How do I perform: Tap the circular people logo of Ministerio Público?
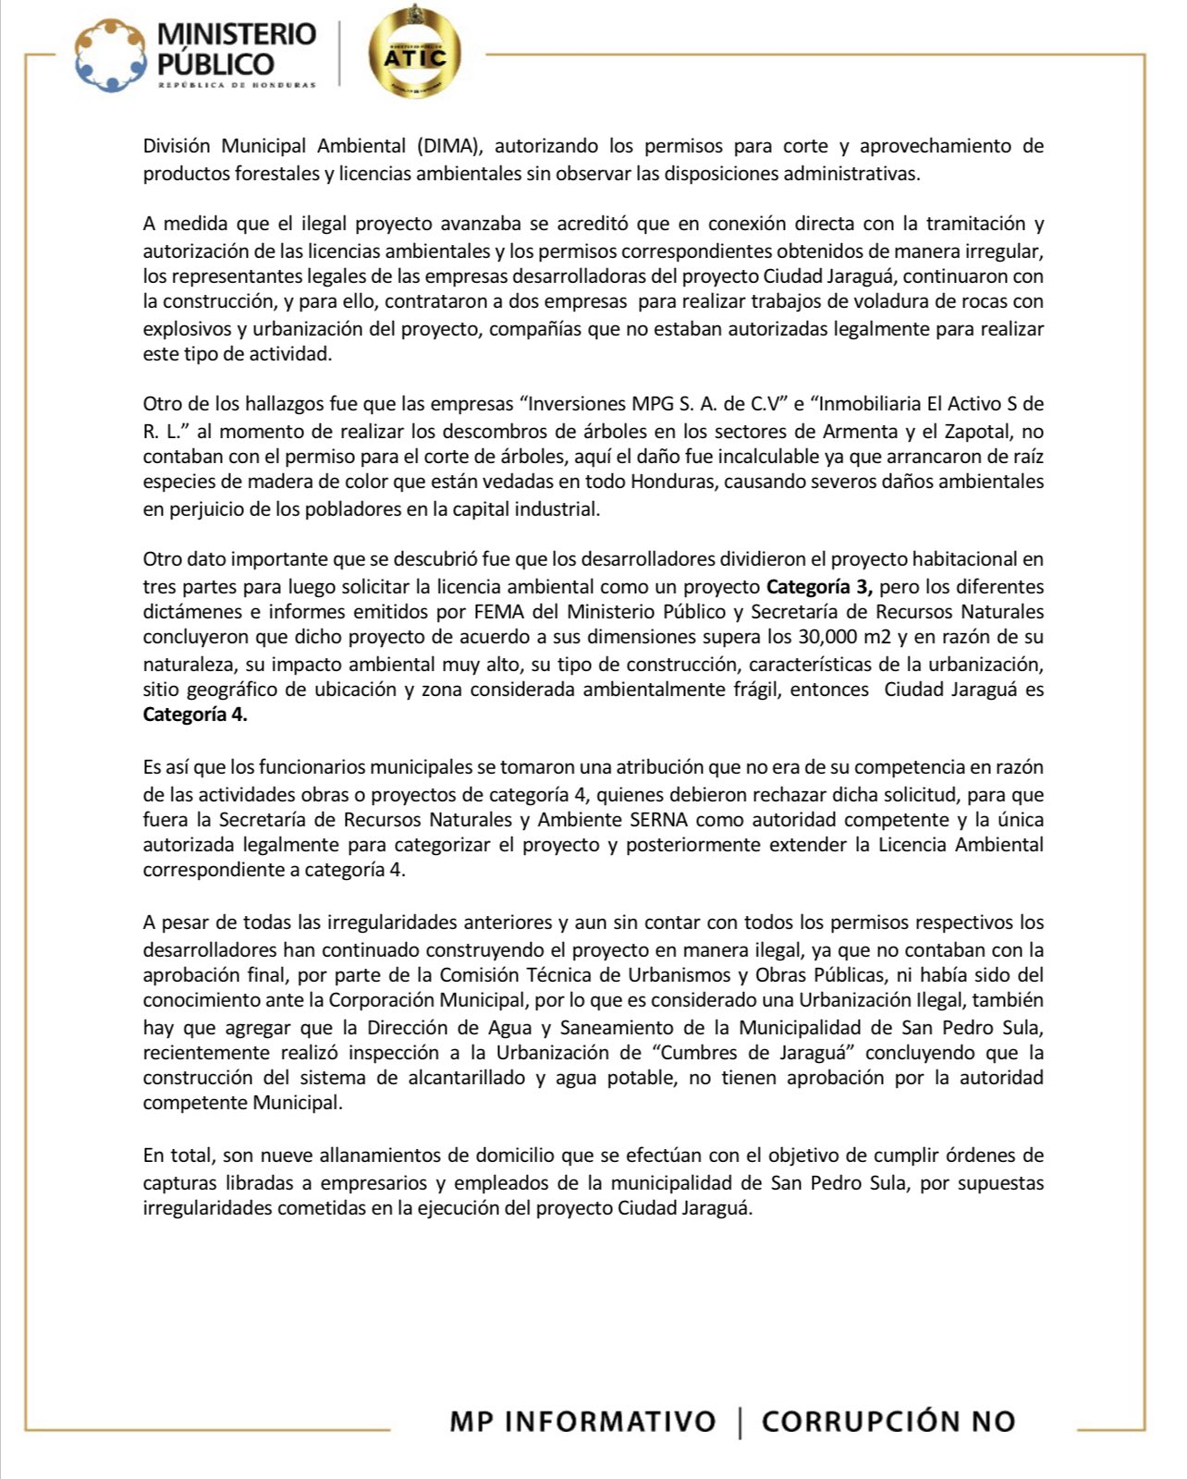[111, 55]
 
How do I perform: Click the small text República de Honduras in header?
[237, 85]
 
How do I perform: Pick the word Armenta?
[864, 431]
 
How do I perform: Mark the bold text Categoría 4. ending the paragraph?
[195, 715]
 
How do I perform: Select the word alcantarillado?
[464, 1078]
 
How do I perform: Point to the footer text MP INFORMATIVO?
[582, 1421]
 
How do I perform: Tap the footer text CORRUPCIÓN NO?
[888, 1421]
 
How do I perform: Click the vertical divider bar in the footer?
[740, 1422]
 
